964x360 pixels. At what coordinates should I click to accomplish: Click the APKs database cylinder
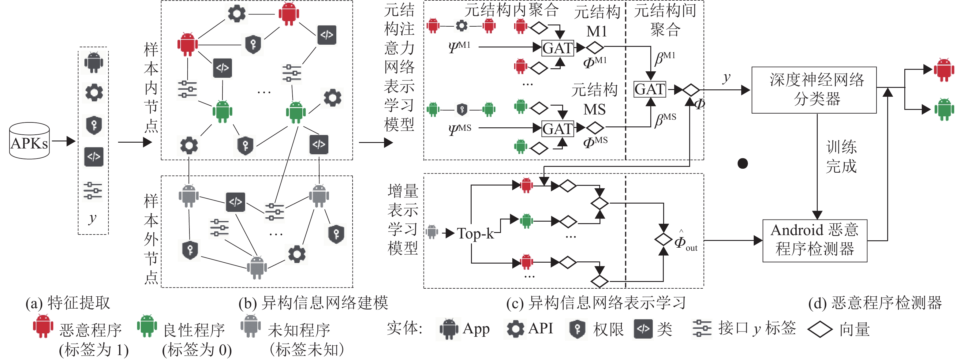point(29,141)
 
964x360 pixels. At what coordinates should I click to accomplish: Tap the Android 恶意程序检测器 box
point(814,240)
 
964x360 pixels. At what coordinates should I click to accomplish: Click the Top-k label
point(475,234)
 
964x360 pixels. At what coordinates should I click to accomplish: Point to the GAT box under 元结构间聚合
point(650,89)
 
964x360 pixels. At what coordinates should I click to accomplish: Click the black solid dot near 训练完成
point(742,163)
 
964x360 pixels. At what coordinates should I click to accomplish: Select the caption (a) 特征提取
point(68,303)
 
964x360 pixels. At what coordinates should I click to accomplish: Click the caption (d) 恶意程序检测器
point(875,303)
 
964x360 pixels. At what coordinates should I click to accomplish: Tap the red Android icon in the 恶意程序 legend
point(43,326)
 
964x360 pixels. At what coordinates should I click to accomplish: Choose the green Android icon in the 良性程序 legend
point(147,326)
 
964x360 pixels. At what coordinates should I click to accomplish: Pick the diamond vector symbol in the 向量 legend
point(820,330)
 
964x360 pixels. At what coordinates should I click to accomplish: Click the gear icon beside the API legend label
point(515,328)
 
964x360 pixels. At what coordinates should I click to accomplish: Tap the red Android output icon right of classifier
point(943,69)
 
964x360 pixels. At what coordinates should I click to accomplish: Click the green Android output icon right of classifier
point(943,109)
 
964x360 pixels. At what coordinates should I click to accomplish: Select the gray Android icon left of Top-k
point(432,232)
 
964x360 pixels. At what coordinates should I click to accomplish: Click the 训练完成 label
point(841,156)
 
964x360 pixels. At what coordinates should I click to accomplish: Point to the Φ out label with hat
point(685,241)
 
